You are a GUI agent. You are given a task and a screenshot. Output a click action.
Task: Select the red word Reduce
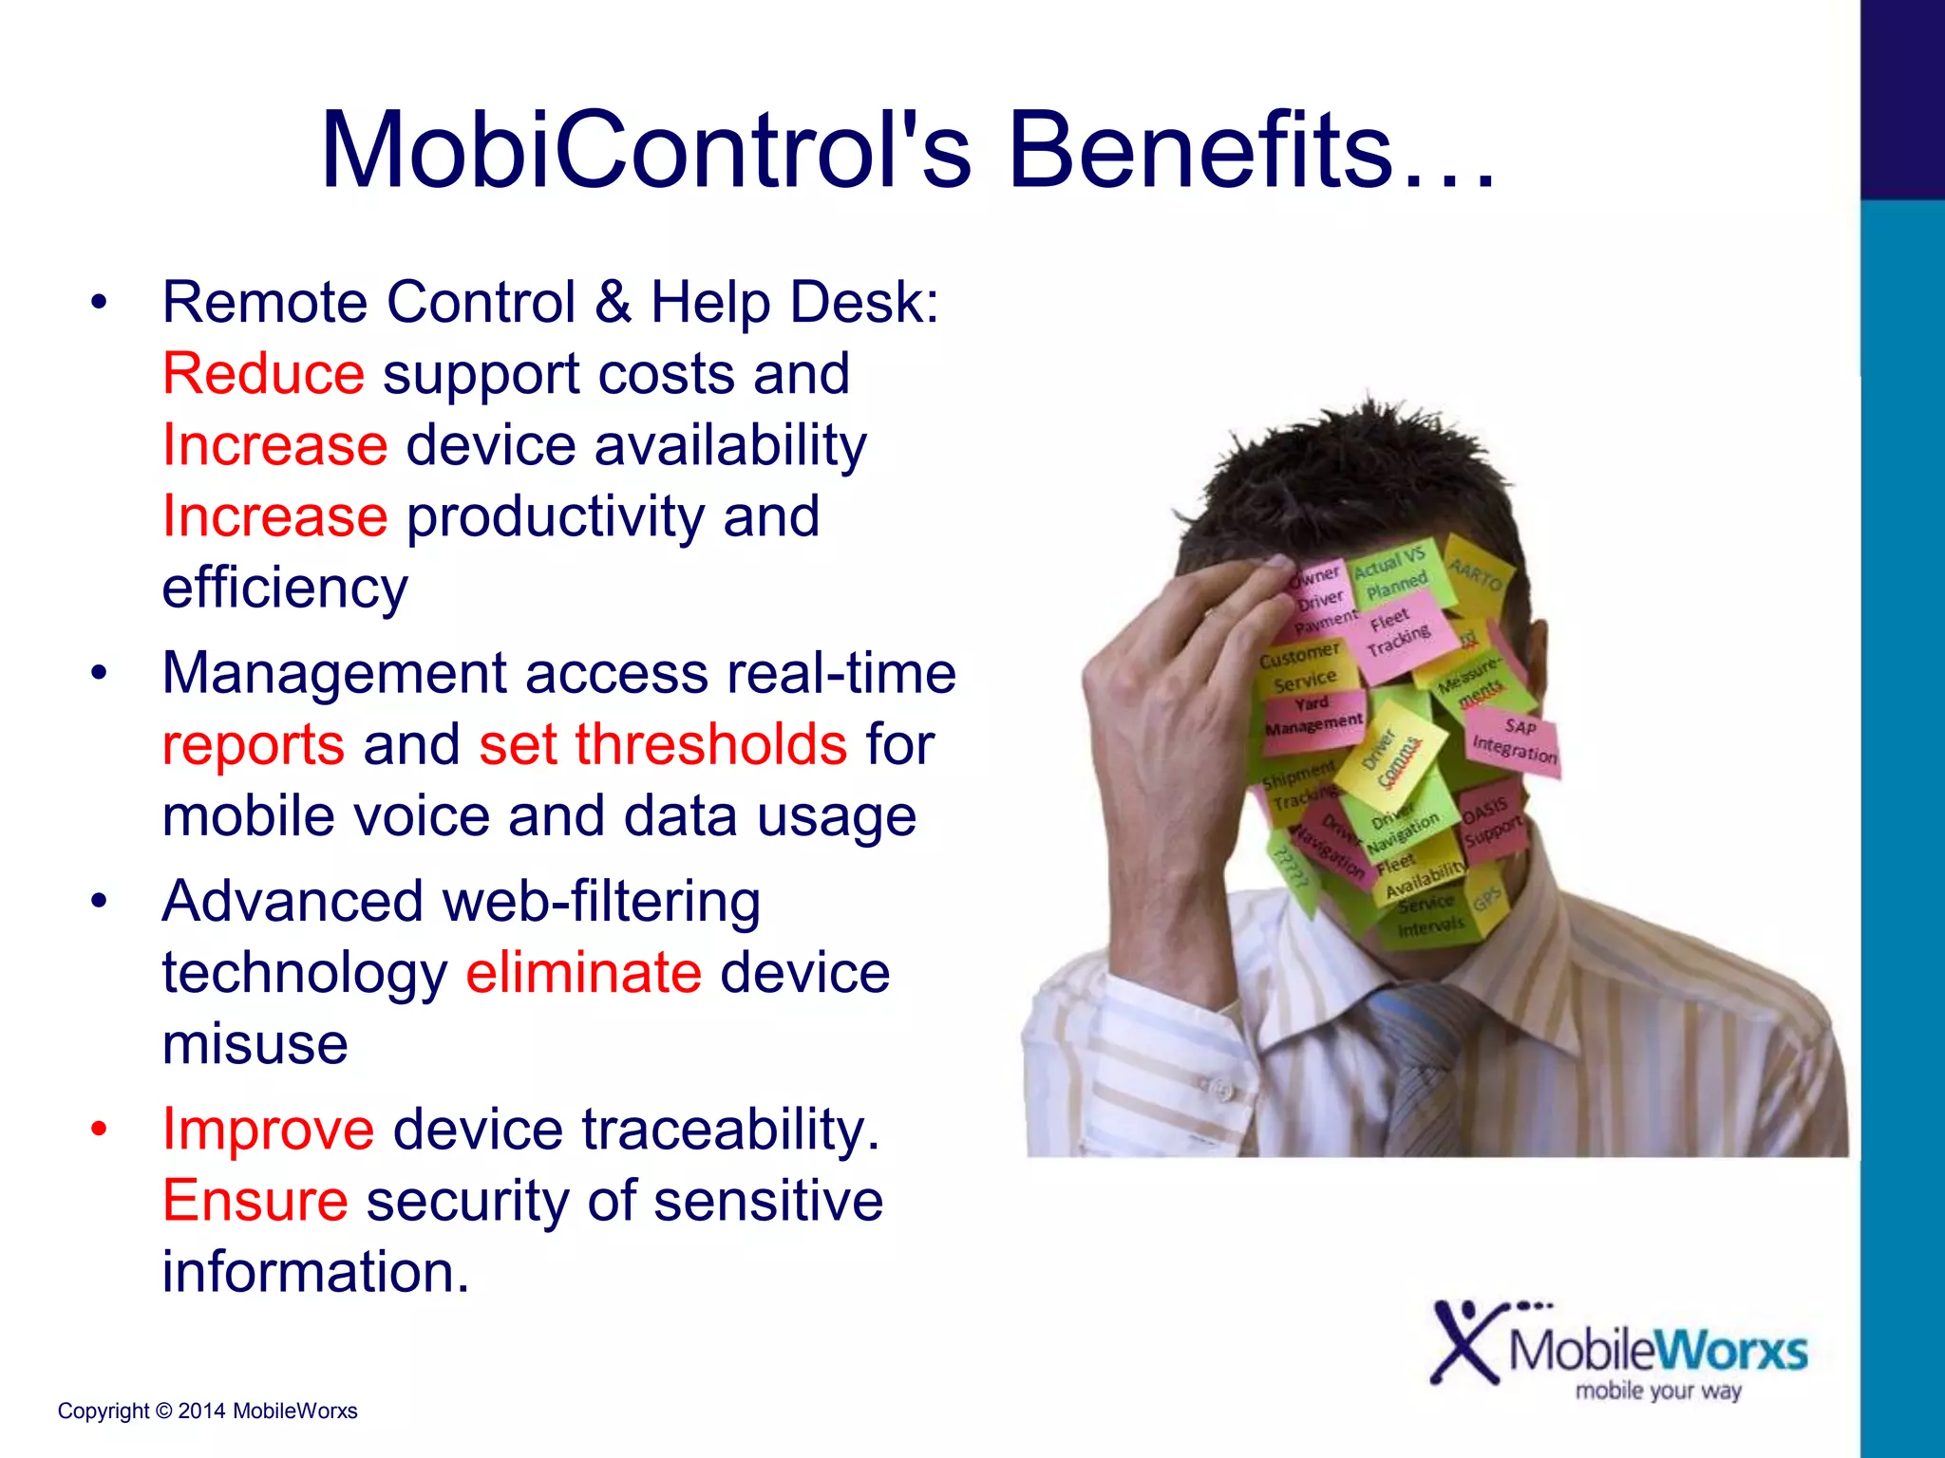tap(263, 373)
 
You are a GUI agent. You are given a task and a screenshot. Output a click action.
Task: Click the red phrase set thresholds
tap(662, 743)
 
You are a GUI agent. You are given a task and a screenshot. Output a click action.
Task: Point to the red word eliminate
tap(583, 972)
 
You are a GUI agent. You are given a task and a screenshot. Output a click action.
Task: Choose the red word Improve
tap(268, 1129)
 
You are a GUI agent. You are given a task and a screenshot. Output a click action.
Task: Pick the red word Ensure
tap(255, 1200)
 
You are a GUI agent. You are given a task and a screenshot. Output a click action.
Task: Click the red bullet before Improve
tap(99, 1129)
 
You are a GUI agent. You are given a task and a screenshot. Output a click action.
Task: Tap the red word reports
tap(253, 745)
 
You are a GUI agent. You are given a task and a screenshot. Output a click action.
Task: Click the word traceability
tap(730, 1129)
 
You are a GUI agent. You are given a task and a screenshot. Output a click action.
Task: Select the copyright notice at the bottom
tap(207, 1411)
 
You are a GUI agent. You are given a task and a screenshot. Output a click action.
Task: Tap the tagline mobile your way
tap(1658, 1391)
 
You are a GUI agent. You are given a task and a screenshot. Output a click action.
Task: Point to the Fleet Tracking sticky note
tap(1399, 631)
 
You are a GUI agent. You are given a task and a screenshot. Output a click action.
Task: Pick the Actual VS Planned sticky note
tap(1391, 574)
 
